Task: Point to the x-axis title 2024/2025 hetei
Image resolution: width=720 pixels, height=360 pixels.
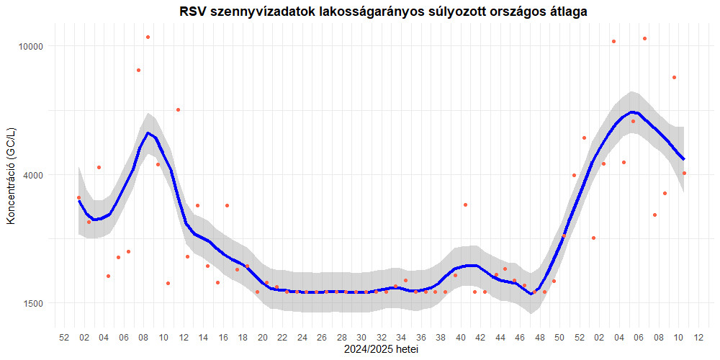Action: pos(382,350)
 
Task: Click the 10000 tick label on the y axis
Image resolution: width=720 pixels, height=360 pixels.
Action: pos(32,46)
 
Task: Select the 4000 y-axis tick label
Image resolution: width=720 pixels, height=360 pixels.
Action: pos(34,175)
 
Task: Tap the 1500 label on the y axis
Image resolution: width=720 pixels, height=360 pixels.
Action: pos(34,303)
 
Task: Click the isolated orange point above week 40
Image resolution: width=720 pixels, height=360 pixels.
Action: pos(466,204)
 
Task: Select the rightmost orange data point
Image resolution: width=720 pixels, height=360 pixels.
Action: pos(684,173)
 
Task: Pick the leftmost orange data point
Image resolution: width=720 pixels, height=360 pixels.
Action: pos(78,197)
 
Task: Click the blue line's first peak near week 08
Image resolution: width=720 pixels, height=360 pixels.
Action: pos(148,132)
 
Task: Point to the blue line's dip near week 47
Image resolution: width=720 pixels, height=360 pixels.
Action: pos(531,294)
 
